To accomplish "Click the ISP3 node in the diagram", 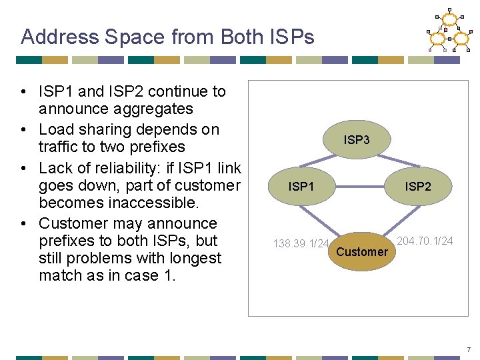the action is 357,140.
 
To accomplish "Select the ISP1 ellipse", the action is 301,187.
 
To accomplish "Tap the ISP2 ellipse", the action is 418,187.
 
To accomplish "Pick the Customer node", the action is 361,251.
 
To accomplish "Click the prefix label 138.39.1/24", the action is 301,243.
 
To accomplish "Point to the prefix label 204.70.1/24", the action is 425,241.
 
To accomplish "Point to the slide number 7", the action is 469,349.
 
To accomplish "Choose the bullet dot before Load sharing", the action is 23,129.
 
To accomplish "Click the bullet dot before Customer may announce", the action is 23,223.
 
